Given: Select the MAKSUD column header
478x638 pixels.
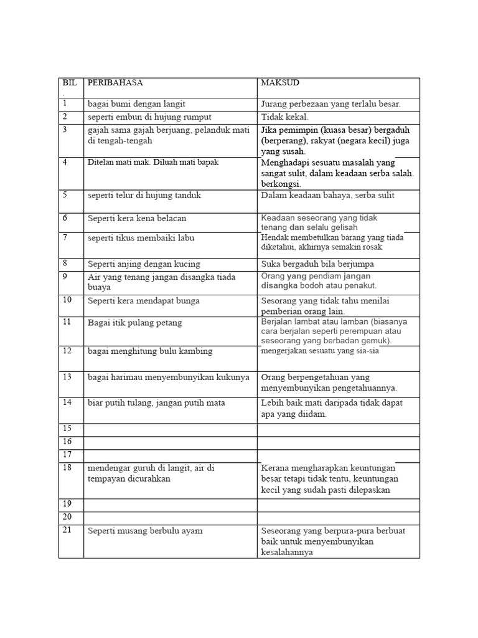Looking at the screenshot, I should (x=279, y=83).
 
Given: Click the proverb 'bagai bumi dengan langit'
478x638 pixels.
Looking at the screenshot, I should (x=136, y=104).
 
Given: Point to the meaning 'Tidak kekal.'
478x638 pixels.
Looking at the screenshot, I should (x=284, y=117).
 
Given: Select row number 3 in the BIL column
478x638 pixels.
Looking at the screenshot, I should (x=64, y=130).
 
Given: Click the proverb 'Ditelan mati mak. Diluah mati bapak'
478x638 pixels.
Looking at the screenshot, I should (x=153, y=162).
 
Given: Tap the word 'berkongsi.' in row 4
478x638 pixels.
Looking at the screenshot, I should (x=281, y=184).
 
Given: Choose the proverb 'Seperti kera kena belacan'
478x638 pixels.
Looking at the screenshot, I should (x=137, y=219).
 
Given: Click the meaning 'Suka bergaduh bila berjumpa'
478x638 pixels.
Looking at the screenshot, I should (x=318, y=264).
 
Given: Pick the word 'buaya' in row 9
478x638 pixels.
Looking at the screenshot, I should (x=100, y=288).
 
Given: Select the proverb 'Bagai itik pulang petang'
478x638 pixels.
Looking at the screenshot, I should (x=134, y=323).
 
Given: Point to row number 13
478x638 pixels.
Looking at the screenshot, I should (x=67, y=376).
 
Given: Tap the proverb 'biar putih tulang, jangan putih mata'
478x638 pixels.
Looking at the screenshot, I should (x=156, y=403).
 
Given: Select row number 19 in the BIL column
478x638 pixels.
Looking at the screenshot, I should (x=67, y=505).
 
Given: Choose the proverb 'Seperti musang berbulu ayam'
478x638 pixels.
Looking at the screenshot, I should (x=145, y=531).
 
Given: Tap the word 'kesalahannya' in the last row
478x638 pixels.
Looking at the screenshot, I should (x=287, y=552).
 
